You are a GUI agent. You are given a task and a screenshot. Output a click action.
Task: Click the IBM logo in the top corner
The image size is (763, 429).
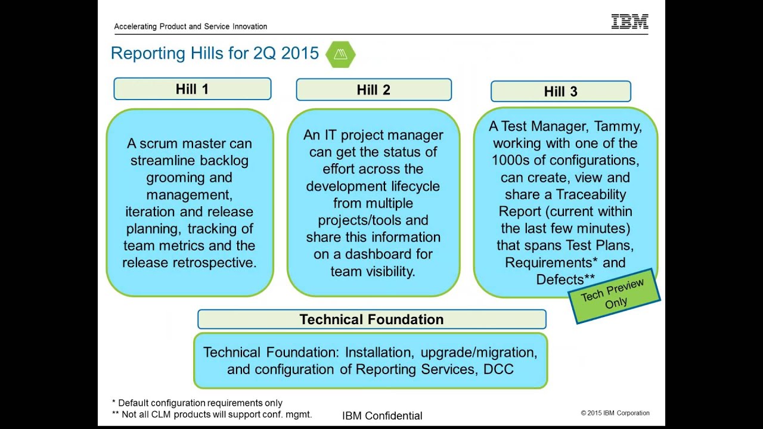point(629,22)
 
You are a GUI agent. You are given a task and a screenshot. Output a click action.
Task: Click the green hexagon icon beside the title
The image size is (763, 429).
point(340,54)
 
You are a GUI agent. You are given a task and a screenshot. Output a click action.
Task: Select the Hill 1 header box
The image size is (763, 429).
point(192,89)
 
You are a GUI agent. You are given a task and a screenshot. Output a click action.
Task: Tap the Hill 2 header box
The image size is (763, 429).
point(373,90)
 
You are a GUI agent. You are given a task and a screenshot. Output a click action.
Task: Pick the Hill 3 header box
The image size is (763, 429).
point(560,92)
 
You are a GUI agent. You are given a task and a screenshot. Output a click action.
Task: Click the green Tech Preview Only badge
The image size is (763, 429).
point(614,296)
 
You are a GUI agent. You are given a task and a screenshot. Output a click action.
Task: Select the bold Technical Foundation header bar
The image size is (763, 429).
point(371,319)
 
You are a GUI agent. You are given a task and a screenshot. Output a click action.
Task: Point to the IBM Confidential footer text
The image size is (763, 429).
point(382,416)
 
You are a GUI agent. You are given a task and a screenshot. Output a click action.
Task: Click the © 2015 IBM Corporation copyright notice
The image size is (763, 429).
point(615,413)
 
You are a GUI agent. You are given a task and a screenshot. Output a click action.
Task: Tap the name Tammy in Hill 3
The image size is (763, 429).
point(621,126)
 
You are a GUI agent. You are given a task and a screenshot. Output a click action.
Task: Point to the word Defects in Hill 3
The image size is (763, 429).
point(559,279)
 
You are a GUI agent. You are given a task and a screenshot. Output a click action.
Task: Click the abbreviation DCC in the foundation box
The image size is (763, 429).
point(498,369)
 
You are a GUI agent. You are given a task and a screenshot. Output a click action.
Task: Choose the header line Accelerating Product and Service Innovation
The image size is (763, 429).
point(190,26)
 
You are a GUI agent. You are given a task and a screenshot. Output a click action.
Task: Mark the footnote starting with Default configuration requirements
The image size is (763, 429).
point(197,403)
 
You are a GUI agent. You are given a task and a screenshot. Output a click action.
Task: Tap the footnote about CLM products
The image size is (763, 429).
point(212,414)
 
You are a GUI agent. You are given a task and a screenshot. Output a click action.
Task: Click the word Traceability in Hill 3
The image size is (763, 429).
point(591,194)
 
